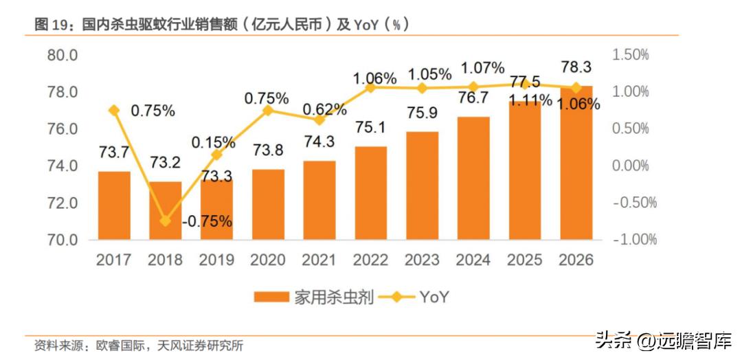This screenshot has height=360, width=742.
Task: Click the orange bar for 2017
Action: (x=114, y=205)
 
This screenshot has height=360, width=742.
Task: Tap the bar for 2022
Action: (x=371, y=193)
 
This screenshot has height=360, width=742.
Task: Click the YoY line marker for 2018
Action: (x=166, y=221)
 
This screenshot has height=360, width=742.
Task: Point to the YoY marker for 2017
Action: (x=114, y=110)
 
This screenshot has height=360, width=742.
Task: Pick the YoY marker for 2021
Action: (x=319, y=120)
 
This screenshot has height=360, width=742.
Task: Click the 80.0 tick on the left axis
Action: (x=62, y=55)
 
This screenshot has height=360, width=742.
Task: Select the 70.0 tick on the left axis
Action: (x=62, y=240)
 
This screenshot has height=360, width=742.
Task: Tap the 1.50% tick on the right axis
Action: (x=630, y=55)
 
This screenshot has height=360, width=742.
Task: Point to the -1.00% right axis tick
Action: (x=633, y=240)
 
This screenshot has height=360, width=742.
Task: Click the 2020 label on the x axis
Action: (x=268, y=260)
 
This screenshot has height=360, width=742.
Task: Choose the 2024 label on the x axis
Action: (x=473, y=260)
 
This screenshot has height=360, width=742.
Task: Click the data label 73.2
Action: (x=166, y=164)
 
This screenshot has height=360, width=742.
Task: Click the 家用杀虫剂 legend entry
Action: (x=313, y=297)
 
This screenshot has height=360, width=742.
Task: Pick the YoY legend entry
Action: (x=413, y=297)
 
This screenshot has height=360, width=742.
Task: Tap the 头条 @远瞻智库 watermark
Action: (x=662, y=339)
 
